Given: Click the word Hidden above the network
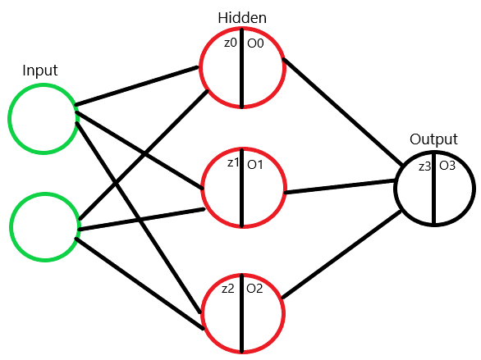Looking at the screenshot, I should pos(241,18).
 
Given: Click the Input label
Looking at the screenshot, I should pos(41,71).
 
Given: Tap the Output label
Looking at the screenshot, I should pos(433,140).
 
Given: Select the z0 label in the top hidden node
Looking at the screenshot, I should pos(231,42).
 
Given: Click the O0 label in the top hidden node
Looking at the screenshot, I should pos(254,43).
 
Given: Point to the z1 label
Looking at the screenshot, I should pos(233,163).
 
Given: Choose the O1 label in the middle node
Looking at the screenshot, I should pos(254,164).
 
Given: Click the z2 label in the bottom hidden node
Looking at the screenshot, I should pos(229,288).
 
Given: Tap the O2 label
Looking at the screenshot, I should pos(254,289).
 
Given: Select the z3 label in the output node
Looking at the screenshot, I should pos(424,166).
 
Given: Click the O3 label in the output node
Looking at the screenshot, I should pos(447,166).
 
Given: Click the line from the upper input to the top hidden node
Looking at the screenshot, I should pos(140,87).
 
